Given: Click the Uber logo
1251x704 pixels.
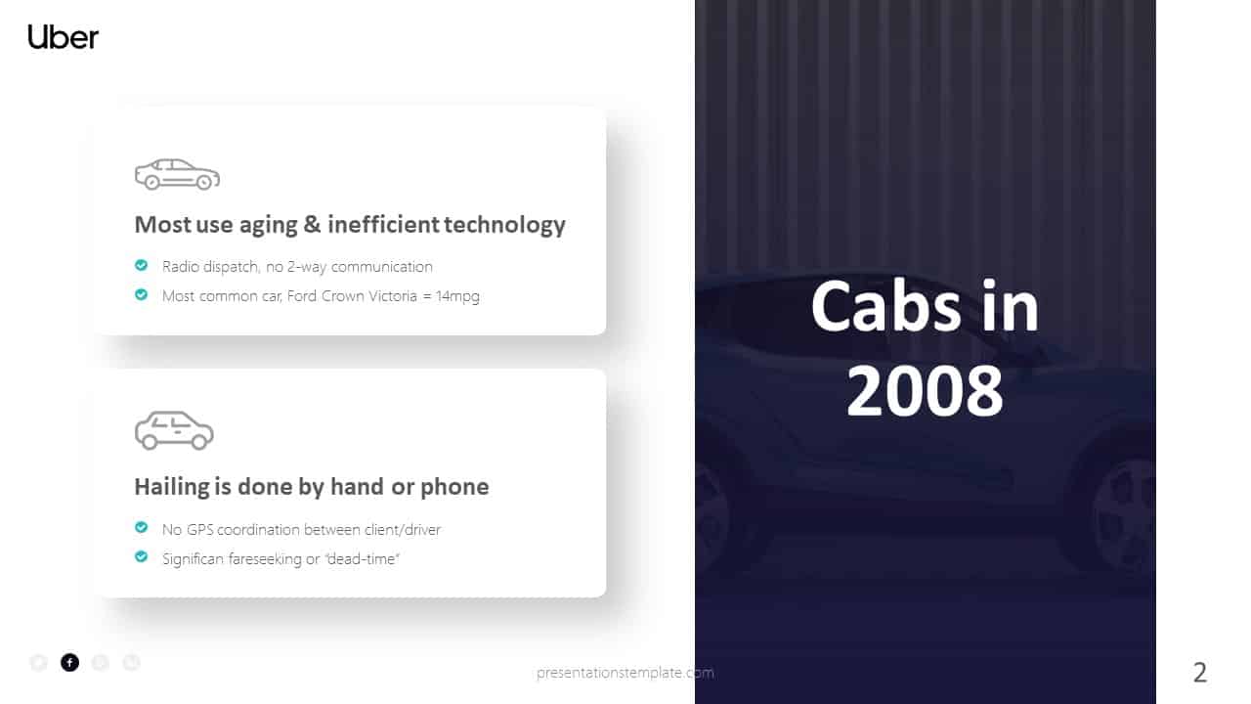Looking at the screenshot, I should [64, 37].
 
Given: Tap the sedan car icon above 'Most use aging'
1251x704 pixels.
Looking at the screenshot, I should [177, 174].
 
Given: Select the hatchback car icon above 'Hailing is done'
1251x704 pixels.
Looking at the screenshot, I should [174, 431].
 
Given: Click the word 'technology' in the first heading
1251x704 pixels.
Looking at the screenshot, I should [504, 225].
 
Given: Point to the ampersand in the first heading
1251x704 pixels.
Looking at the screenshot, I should [312, 225].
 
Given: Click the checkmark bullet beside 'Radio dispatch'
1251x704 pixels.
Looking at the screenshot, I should [142, 265].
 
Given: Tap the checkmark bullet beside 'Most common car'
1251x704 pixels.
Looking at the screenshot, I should [142, 294].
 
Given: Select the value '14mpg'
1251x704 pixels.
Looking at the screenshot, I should [457, 296].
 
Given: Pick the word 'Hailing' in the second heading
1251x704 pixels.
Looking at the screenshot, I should [172, 487].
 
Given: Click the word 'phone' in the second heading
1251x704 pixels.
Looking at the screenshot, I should [454, 487].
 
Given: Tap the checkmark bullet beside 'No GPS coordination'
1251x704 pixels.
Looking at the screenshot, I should [142, 528].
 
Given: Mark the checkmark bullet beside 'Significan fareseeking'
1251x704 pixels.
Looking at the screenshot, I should [142, 557].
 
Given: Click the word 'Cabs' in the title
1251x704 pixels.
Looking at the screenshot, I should [875, 306].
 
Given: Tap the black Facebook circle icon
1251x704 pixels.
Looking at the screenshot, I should [69, 663].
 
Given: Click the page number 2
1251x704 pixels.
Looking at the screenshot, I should [1200, 673].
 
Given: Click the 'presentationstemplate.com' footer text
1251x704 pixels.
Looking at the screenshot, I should [625, 673].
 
